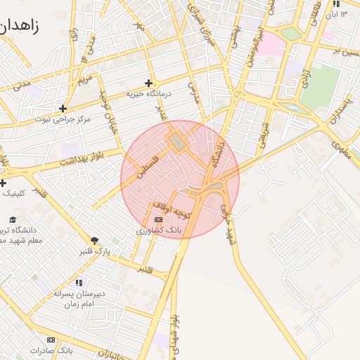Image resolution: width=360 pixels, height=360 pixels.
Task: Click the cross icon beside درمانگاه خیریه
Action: click(148, 83)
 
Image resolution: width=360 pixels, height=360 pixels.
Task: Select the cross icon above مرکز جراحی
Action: click(63, 108)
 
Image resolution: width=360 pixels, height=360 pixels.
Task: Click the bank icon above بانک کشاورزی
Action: click(158, 220)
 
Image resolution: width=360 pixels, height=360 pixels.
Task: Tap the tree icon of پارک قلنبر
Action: click(95, 241)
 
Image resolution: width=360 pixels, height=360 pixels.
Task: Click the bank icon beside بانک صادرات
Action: click(51, 340)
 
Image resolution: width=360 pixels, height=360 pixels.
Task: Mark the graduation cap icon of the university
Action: click(33, 219)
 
